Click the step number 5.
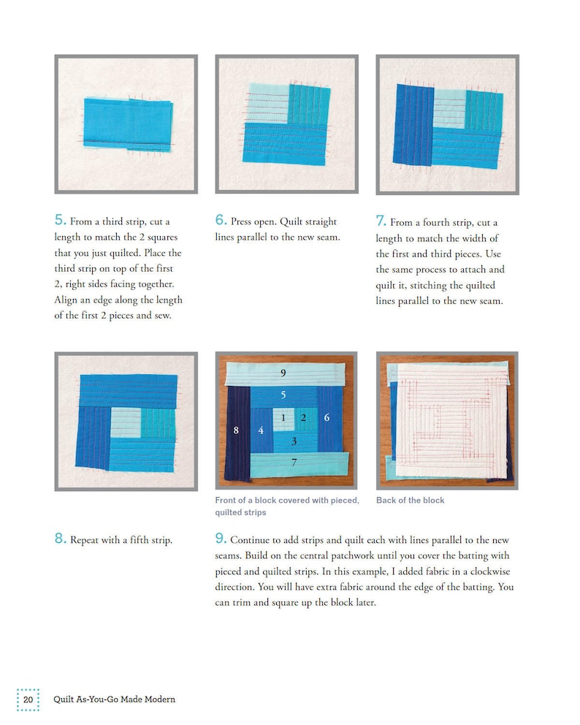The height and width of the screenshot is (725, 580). [x=60, y=220]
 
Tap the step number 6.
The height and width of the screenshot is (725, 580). [x=221, y=220]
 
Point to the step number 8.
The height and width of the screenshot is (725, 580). [x=60, y=540]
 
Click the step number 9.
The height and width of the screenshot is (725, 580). [x=221, y=539]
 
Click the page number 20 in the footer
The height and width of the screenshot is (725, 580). [x=28, y=699]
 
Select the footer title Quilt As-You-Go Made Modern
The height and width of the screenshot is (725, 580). [x=114, y=699]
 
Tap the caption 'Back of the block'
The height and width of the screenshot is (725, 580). [x=410, y=500]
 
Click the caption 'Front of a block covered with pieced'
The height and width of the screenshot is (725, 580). [x=286, y=500]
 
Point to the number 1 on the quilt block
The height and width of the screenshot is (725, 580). [x=283, y=417]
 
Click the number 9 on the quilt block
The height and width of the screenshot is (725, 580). [x=283, y=373]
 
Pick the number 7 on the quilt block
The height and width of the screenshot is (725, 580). [x=294, y=462]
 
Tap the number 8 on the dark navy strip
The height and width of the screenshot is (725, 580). [x=236, y=430]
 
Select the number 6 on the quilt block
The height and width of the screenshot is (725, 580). [x=327, y=417]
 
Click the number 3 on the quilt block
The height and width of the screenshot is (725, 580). [x=294, y=441]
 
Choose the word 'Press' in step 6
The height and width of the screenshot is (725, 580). [x=243, y=221]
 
